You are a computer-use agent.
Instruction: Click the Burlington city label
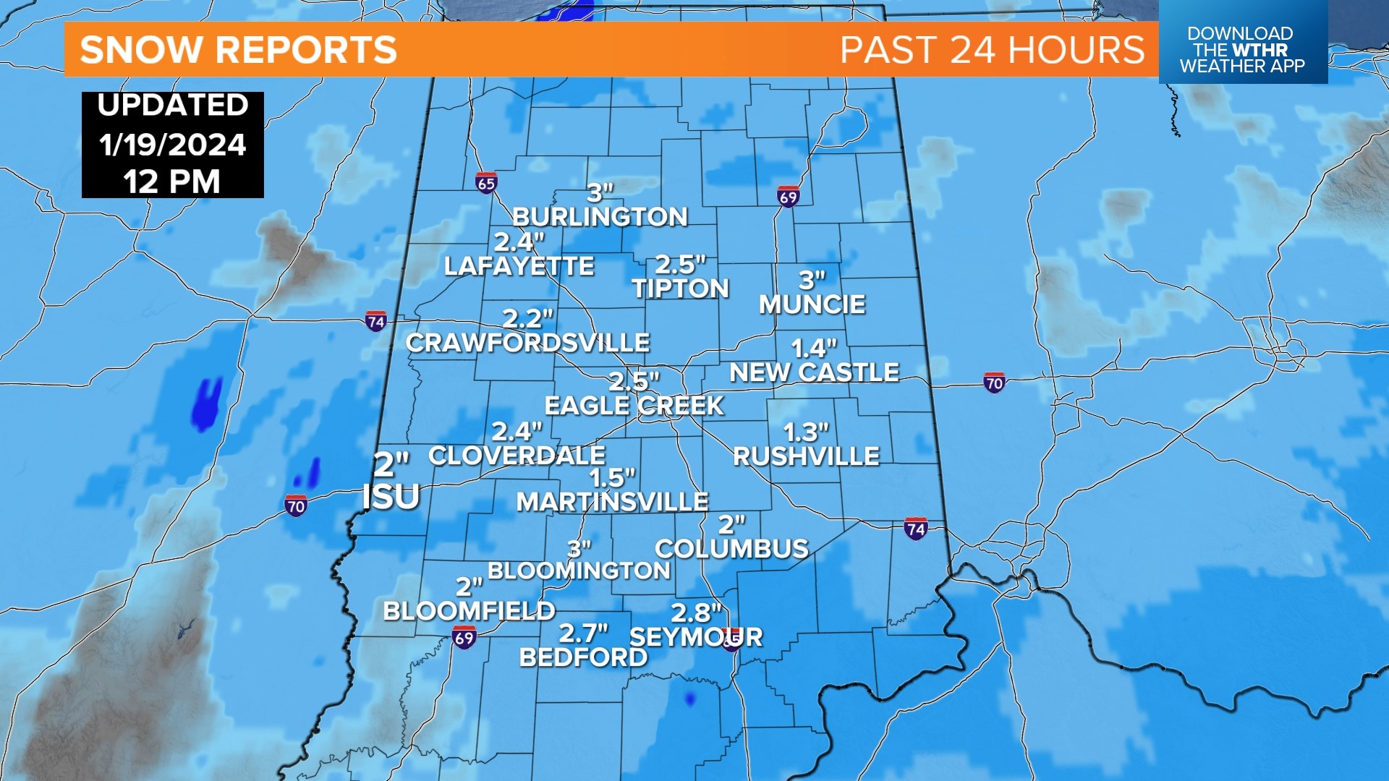tap(600, 217)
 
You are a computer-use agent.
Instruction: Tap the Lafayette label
tap(519, 266)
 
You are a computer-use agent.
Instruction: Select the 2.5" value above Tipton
tap(679, 264)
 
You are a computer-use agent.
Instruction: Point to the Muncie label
tap(812, 304)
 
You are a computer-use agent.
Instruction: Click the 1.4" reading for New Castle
tap(814, 349)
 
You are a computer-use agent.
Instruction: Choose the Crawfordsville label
tap(527, 343)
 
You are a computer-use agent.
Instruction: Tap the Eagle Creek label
tap(634, 406)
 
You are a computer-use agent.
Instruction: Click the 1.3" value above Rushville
tap(806, 432)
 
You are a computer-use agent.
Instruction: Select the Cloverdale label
tap(517, 456)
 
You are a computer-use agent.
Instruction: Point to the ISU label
tap(391, 498)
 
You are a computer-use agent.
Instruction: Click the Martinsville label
tap(612, 502)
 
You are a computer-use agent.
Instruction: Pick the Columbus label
tap(731, 549)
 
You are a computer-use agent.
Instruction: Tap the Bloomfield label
tap(469, 611)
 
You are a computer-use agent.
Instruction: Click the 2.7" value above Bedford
tap(583, 633)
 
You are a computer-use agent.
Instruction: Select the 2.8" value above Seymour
tap(696, 613)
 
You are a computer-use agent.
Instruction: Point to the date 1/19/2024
tap(173, 145)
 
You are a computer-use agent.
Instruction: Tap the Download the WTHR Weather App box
tap(1242, 50)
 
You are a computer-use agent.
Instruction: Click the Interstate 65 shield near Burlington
tap(487, 183)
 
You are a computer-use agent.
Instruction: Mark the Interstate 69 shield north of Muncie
tap(788, 197)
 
